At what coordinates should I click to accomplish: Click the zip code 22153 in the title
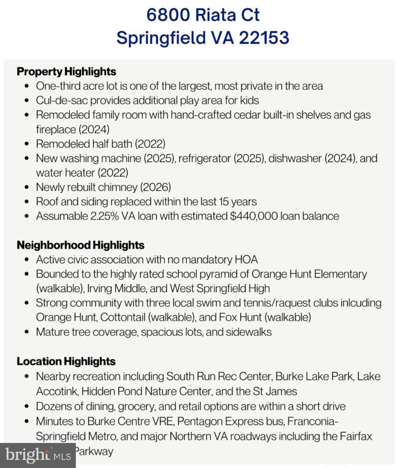[x=264, y=38]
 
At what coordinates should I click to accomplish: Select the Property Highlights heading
[x=66, y=71]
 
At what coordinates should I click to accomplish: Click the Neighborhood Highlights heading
[x=80, y=245]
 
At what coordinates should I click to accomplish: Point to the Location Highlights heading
[x=66, y=362]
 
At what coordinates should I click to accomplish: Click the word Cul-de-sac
[x=61, y=101]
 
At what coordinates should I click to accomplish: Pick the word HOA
[x=246, y=260]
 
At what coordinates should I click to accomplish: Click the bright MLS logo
[x=38, y=455]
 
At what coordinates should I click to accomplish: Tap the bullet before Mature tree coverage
[x=27, y=332]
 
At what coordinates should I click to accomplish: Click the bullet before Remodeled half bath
[x=27, y=144]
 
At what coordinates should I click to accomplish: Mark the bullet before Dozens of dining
[x=27, y=407]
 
